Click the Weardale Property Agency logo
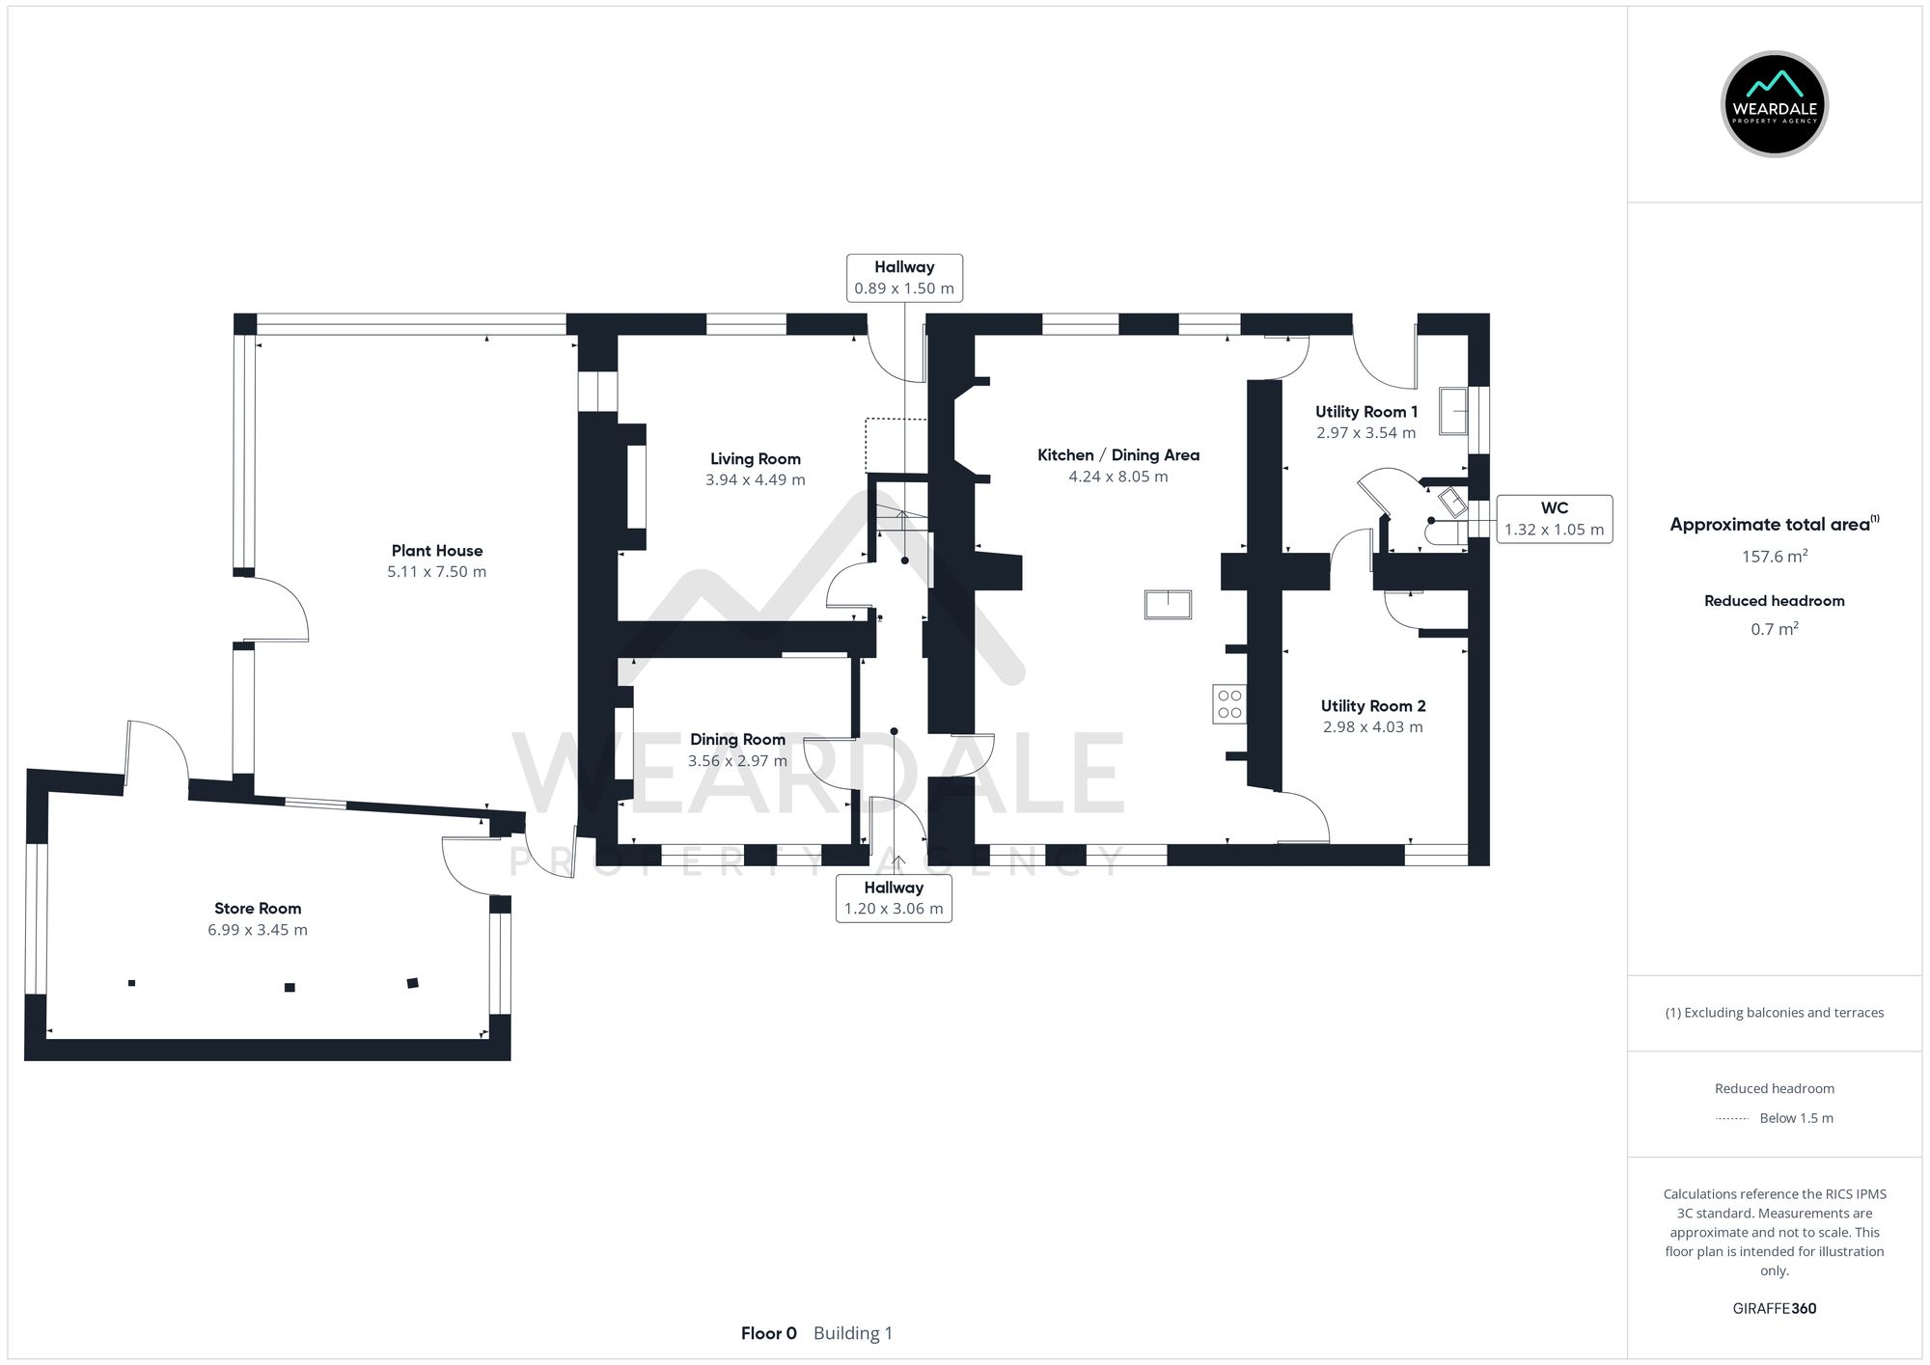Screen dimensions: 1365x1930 point(1774,104)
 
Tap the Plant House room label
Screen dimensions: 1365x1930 point(436,551)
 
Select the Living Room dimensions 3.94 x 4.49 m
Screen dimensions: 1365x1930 point(755,479)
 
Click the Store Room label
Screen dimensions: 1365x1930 point(258,908)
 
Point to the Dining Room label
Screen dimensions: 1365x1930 point(737,739)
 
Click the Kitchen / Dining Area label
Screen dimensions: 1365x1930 point(1117,454)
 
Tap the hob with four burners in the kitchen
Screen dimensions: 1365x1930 point(1229,704)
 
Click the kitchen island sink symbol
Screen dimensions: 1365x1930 point(1168,604)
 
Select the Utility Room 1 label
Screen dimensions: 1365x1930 point(1365,411)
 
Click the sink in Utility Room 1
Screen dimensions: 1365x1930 point(1452,411)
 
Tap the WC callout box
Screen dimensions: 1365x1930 point(1554,519)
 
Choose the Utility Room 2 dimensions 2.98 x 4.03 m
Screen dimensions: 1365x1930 point(1372,727)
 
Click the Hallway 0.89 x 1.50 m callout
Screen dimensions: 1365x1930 point(904,278)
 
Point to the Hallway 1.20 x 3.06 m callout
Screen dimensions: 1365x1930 point(894,898)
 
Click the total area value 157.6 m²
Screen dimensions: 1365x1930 point(1774,557)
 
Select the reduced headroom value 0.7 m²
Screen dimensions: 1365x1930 point(1774,629)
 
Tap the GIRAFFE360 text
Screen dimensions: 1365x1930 point(1774,1308)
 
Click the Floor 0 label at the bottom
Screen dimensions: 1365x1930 point(768,1333)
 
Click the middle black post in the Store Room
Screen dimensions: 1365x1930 point(289,987)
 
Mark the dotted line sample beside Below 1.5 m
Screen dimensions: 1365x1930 point(1732,1119)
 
